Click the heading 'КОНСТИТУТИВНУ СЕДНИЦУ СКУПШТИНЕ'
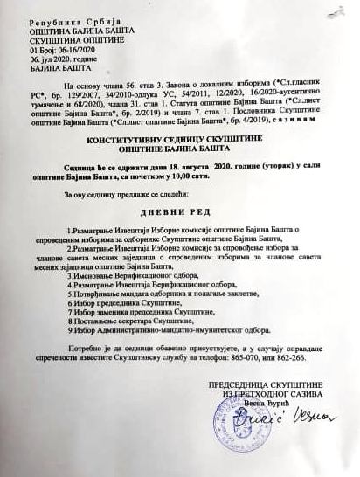click(177, 140)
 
